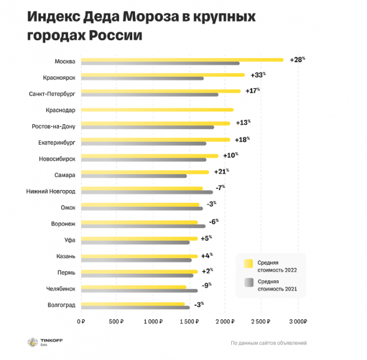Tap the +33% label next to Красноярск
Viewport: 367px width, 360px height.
click(x=256, y=76)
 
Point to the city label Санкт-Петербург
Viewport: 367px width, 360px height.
click(x=52, y=94)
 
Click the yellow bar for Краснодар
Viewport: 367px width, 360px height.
click(x=157, y=110)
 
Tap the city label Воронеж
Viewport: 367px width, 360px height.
click(x=63, y=224)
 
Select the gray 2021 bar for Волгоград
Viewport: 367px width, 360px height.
click(x=135, y=308)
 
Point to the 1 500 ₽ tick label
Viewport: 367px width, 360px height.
click(x=189, y=322)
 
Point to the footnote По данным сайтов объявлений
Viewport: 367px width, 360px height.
click(x=268, y=343)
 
